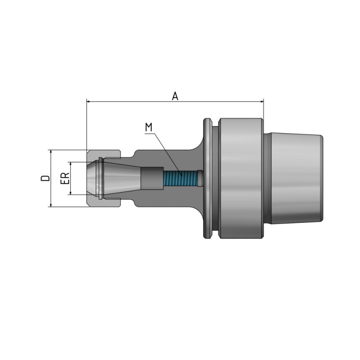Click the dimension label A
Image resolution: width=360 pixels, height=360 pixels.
(x=175, y=95)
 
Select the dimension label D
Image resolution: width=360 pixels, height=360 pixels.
(x=45, y=178)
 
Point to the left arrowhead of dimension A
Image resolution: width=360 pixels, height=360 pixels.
(x=89, y=102)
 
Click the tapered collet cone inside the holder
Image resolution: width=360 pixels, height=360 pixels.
(x=121, y=179)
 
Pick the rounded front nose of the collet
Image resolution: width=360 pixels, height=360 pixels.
(x=92, y=179)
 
